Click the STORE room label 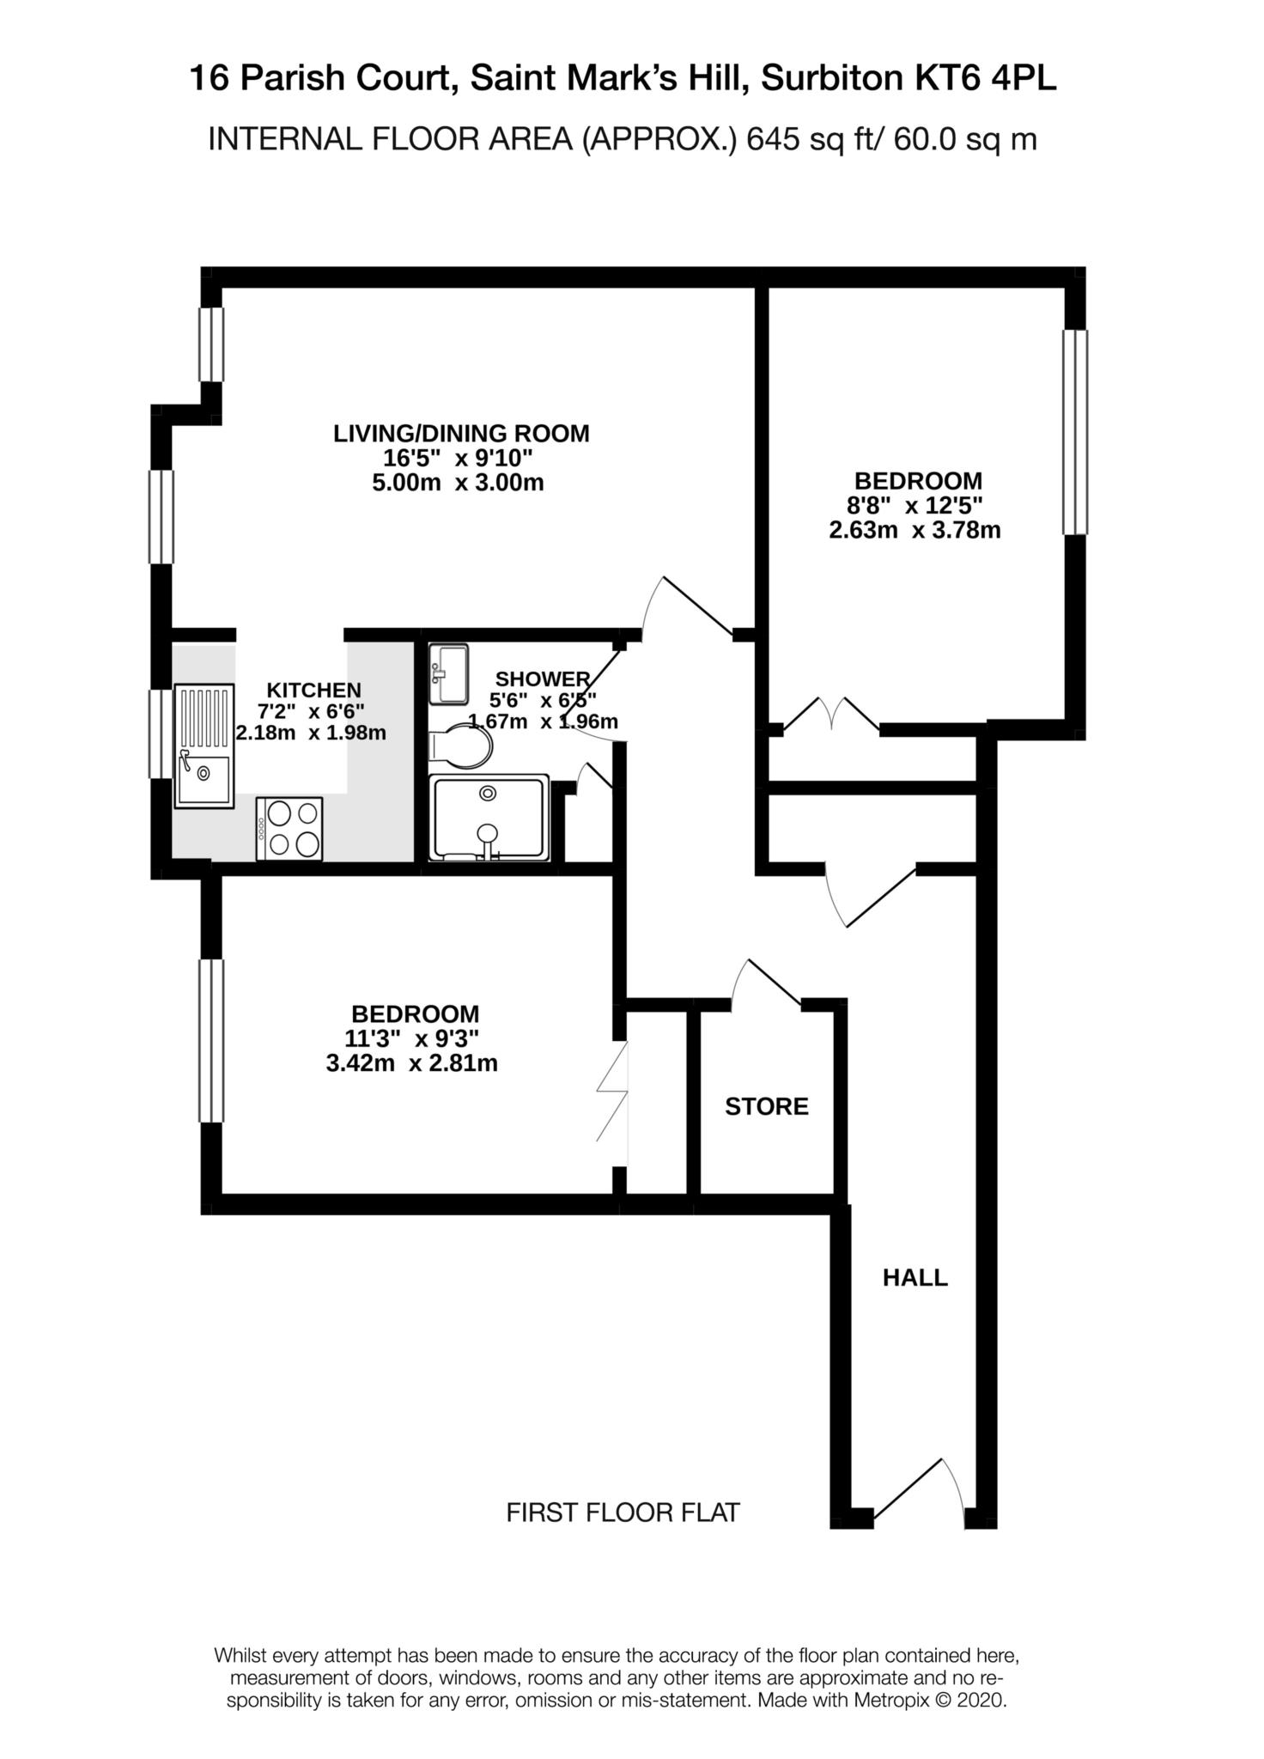point(766,1106)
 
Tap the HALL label point(915,1278)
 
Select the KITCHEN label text point(313,690)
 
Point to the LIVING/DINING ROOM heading point(461,434)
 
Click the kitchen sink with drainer point(204,746)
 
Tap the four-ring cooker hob point(289,829)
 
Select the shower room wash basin point(448,673)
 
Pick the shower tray point(489,818)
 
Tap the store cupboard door point(766,983)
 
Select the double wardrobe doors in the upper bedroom point(830,715)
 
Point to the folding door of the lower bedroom point(612,1092)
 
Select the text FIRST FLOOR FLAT point(623,1512)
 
